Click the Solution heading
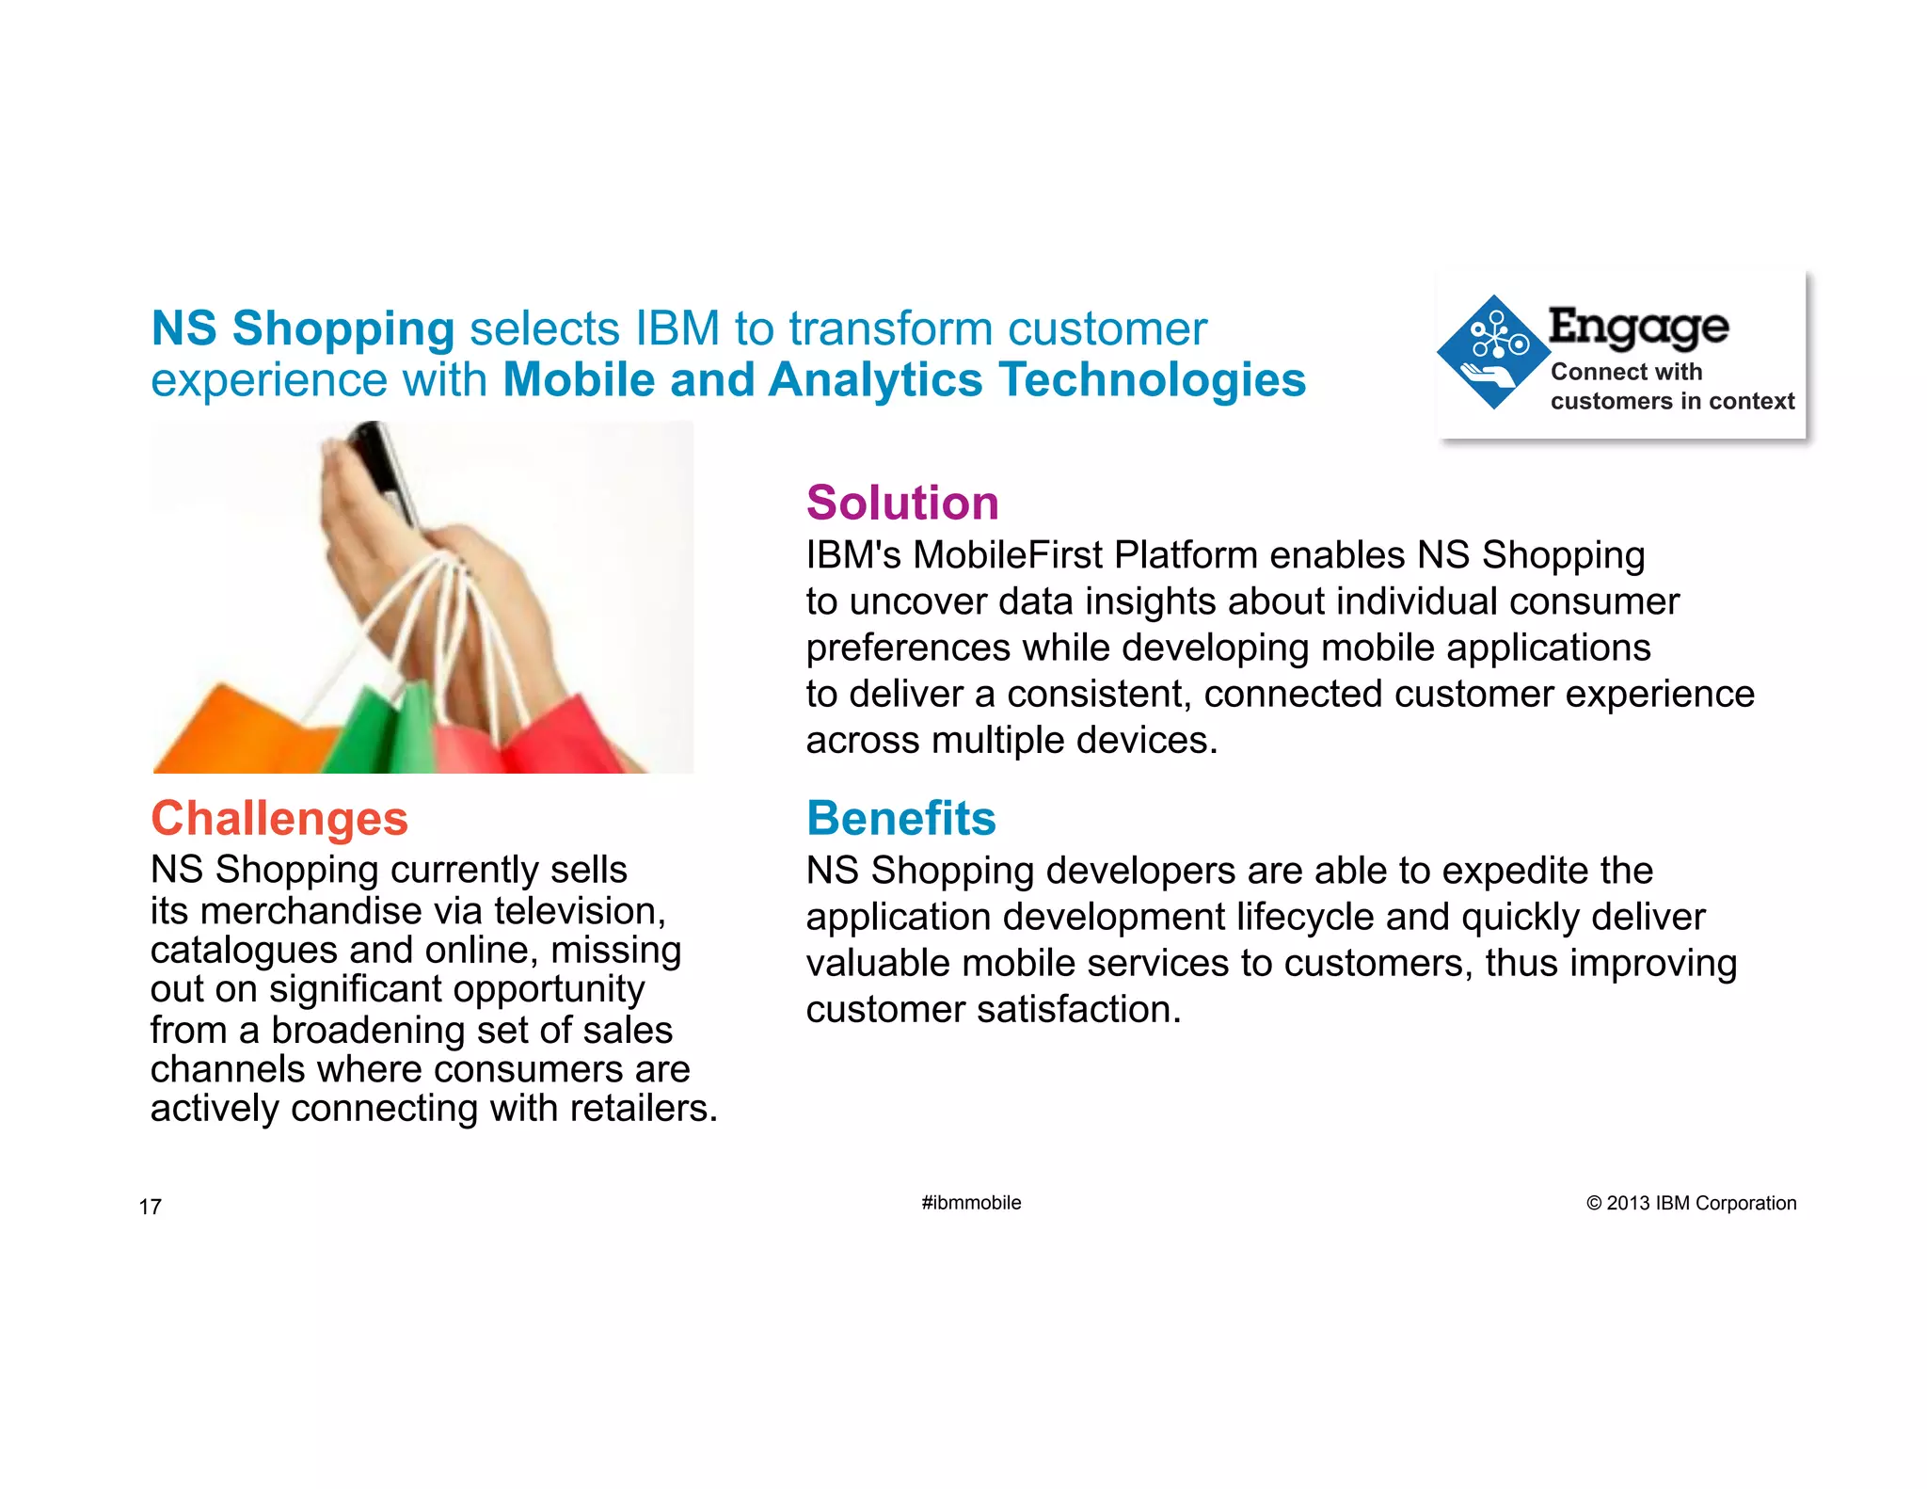(901, 503)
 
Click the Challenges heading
(279, 818)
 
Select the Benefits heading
(900, 818)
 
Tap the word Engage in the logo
(1638, 328)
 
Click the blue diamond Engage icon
(1493, 352)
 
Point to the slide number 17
(151, 1207)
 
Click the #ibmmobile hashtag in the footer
(971, 1203)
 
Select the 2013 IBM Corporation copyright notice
(1691, 1203)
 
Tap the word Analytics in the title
(876, 380)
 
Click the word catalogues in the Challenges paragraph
(244, 951)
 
